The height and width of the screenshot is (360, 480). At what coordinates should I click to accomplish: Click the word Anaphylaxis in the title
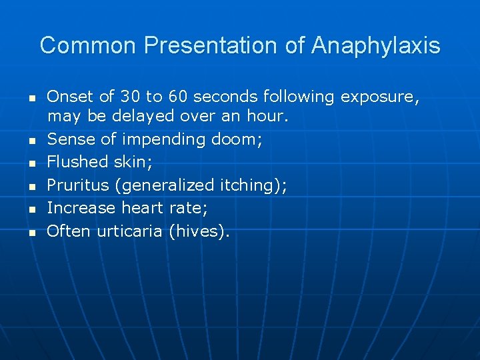coord(375,46)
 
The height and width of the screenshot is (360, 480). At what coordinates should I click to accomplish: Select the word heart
coord(142,208)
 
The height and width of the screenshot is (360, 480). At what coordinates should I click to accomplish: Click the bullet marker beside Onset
coord(31,98)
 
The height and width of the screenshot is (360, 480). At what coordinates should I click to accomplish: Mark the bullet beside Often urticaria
coord(31,233)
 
